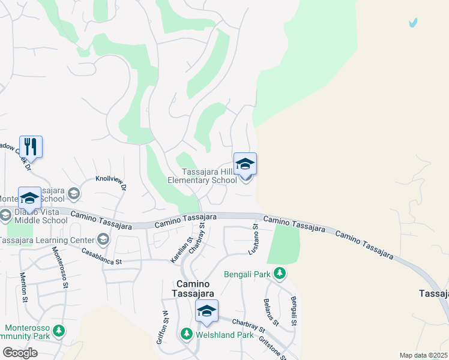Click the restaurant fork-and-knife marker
(31, 146)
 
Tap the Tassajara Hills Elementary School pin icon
(245, 164)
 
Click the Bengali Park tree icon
(279, 274)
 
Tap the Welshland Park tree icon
(187, 334)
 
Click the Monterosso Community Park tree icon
(58, 330)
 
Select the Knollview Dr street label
(111, 184)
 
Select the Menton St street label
(24, 287)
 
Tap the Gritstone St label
(272, 346)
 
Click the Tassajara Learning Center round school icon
(103, 240)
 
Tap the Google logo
(20, 353)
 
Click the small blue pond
(412, 23)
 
